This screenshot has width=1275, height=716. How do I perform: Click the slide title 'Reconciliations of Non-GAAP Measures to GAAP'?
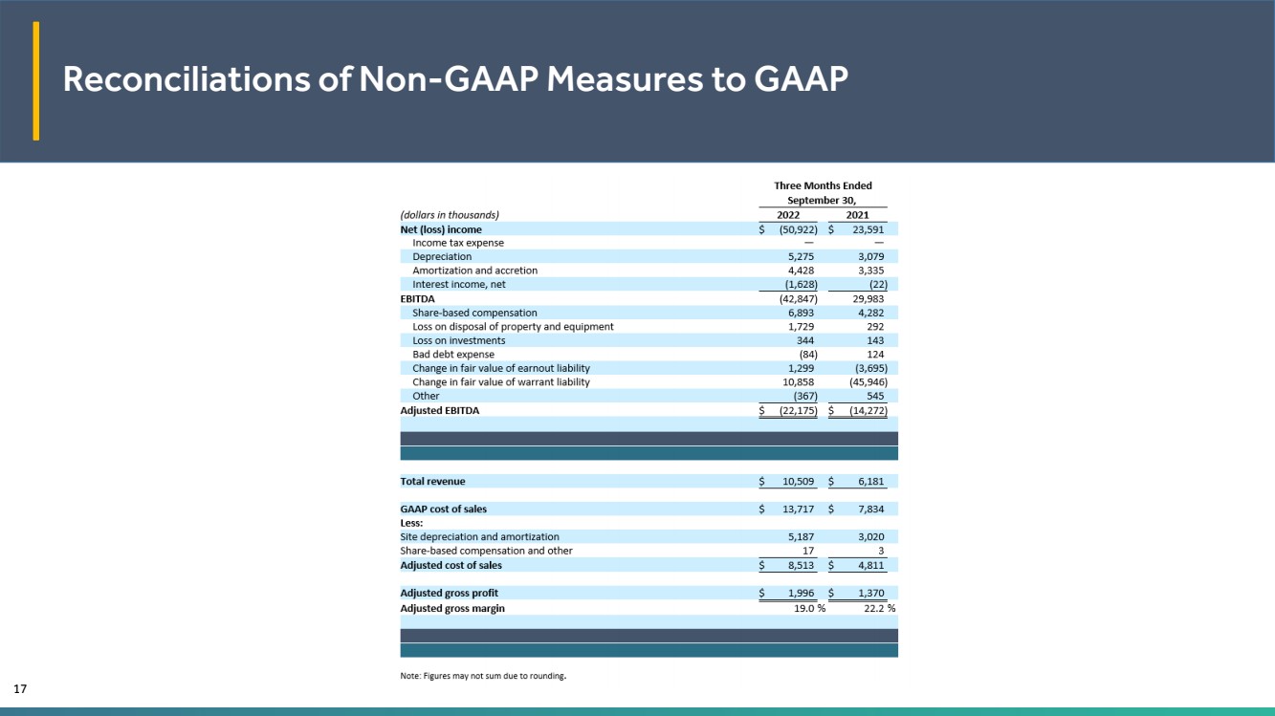tap(455, 80)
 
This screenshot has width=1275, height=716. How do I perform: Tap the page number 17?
tap(18, 688)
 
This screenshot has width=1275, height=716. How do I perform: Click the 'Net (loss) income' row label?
tap(441, 229)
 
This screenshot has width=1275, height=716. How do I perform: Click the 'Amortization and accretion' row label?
tap(474, 271)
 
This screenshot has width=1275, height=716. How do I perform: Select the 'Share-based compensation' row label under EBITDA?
tap(474, 313)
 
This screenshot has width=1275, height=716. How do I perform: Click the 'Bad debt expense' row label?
tap(453, 355)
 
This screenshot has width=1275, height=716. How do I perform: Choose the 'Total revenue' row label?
tap(432, 482)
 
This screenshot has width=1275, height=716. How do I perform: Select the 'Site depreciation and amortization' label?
tap(479, 537)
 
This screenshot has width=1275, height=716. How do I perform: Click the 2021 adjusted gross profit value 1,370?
tap(868, 594)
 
